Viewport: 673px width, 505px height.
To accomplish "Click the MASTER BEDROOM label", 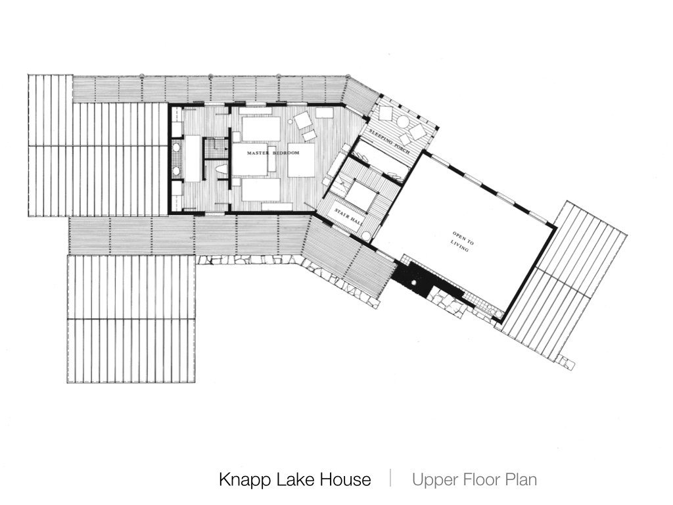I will point(273,153).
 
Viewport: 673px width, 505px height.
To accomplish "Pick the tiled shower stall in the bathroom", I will point(215,148).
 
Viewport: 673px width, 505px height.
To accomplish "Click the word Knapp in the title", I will point(244,479).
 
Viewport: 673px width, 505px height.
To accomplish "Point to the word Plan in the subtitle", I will point(521,479).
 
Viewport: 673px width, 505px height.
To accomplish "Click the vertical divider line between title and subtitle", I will point(390,479).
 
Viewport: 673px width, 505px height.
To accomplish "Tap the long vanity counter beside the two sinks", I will point(193,158).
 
